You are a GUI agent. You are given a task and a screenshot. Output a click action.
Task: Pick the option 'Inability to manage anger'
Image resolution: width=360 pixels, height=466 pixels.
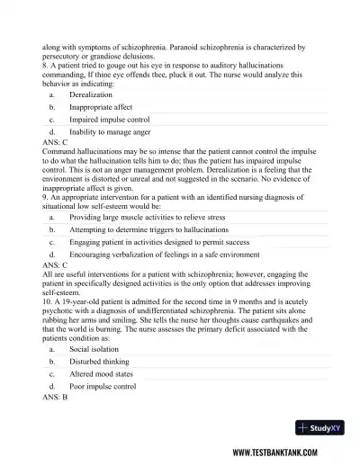click(109, 131)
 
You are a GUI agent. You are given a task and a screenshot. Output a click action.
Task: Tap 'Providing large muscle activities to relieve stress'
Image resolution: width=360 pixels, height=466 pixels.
click(148, 217)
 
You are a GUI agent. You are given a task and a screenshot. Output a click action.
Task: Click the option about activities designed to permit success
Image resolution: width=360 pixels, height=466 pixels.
click(147, 242)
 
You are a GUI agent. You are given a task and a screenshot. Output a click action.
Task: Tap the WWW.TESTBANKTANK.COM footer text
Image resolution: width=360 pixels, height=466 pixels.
click(290, 453)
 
